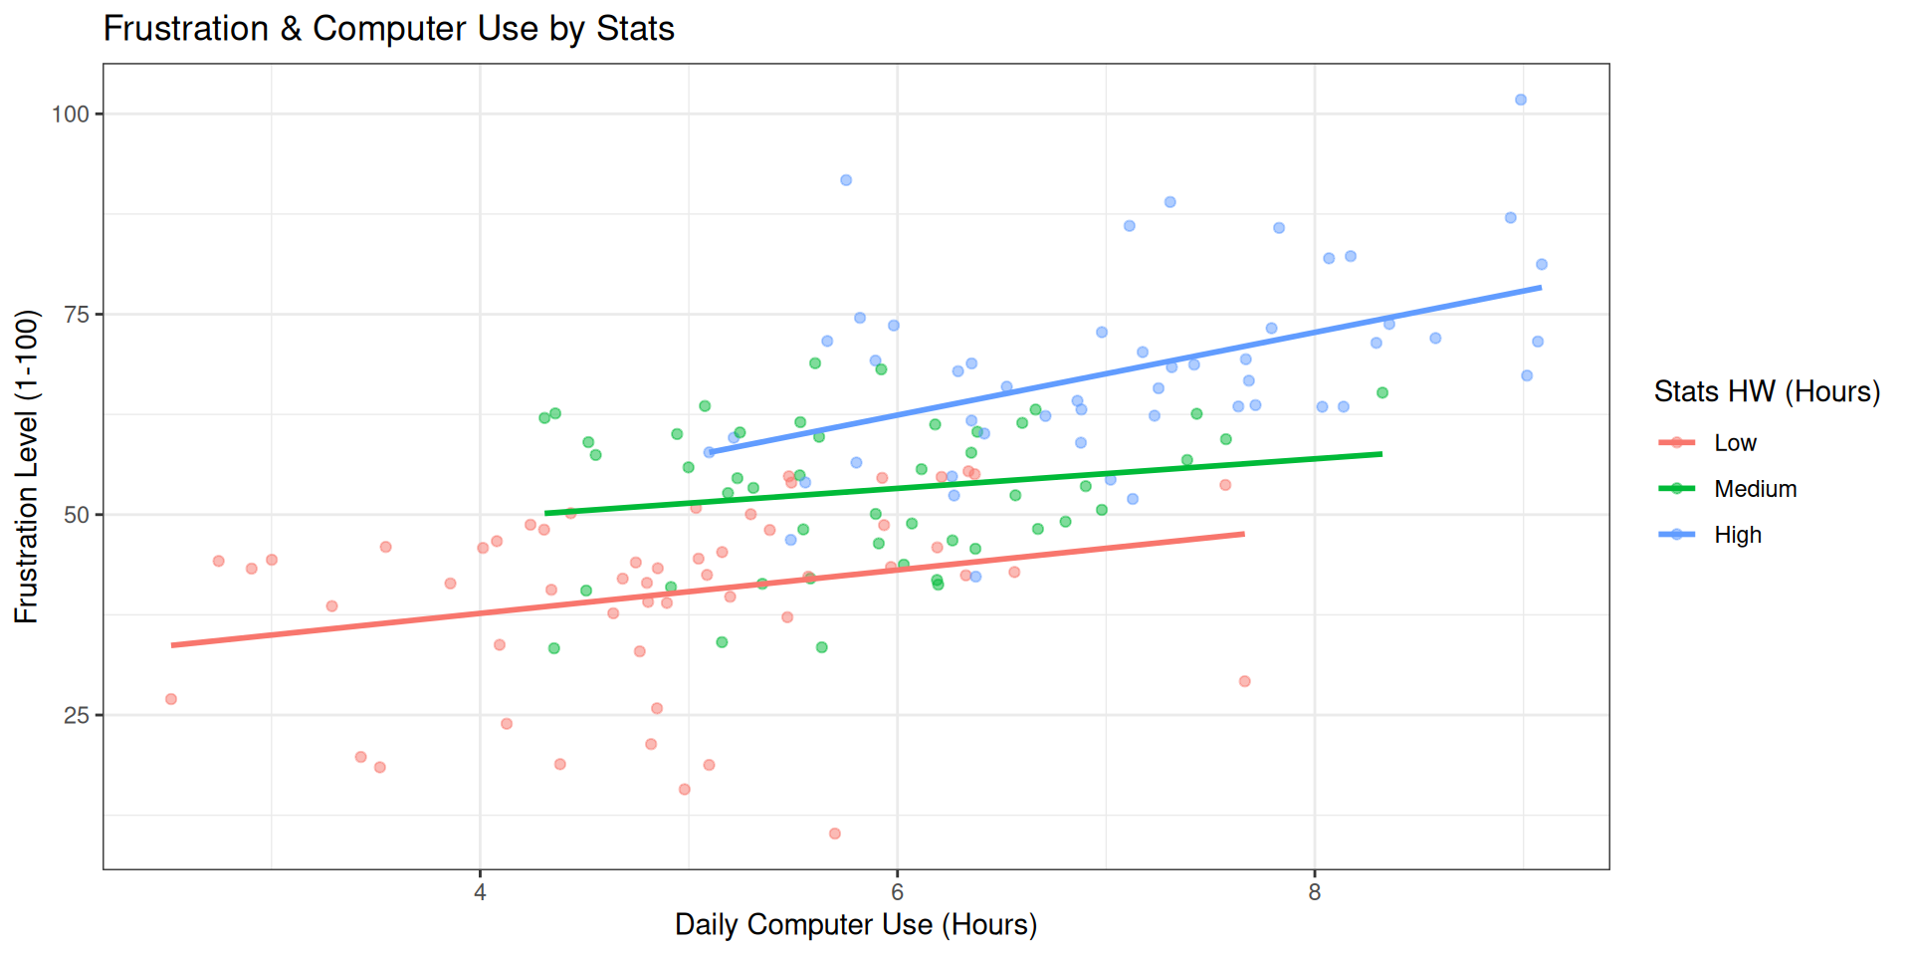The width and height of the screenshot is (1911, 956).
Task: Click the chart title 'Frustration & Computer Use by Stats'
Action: coord(388,29)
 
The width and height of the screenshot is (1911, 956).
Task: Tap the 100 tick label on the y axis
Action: coord(71,115)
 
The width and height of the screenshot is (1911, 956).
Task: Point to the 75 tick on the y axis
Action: coord(77,315)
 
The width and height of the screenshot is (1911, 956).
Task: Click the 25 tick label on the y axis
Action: coord(77,716)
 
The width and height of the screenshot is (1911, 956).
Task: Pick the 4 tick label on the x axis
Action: coord(480,892)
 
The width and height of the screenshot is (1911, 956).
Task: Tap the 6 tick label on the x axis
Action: coord(897,892)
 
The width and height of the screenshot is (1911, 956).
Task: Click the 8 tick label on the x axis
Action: coord(1314,892)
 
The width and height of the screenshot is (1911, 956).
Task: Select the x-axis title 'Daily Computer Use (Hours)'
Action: coord(856,925)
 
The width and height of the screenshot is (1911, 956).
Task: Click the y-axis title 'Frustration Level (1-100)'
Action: coord(27,466)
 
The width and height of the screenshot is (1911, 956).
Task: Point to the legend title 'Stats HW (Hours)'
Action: coord(1767,391)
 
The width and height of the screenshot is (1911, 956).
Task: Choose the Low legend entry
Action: coord(1735,443)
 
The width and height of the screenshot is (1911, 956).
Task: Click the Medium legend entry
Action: coord(1755,489)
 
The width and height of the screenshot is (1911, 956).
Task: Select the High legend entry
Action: coord(1737,535)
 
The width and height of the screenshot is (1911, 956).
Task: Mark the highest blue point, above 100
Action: coord(1520,100)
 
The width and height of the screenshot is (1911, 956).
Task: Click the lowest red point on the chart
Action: coord(834,834)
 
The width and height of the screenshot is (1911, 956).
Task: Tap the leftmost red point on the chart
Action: coord(171,699)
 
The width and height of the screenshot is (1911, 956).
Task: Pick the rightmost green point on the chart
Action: coord(1381,393)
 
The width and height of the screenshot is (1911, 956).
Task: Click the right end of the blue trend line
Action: coord(1540,288)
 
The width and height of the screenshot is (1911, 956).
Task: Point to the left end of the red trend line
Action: coord(172,645)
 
